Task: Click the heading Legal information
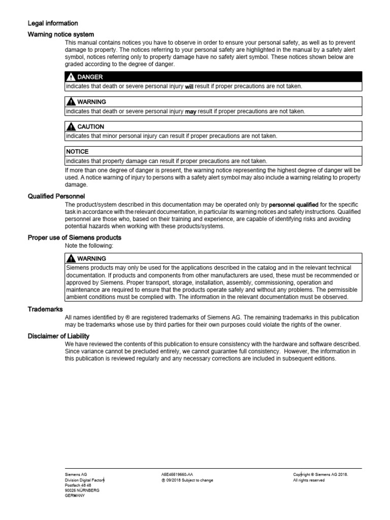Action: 52,23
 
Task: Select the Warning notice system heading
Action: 60,34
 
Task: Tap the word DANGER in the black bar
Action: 90,77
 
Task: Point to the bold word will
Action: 189,87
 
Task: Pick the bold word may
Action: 190,112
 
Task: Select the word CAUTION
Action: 91,127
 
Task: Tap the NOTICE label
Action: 78,152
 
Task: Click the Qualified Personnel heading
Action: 56,196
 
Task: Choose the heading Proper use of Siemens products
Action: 74,237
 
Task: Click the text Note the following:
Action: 89,246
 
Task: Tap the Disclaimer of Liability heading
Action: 58,336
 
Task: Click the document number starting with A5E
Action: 177,474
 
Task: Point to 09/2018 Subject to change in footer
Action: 187,480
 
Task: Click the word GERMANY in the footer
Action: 75,496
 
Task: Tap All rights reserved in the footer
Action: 309,480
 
